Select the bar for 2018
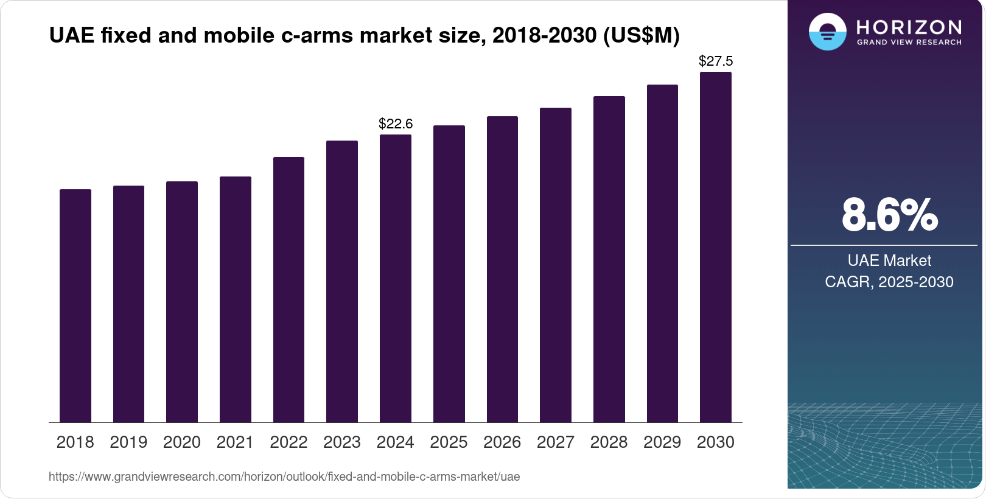pyautogui.click(x=75, y=305)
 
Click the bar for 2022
pyautogui.click(x=288, y=290)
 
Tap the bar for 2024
pyautogui.click(x=396, y=278)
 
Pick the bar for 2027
pyautogui.click(x=556, y=265)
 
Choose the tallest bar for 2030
pyautogui.click(x=716, y=247)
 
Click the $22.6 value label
pyautogui.click(x=396, y=124)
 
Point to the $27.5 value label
pyautogui.click(x=716, y=61)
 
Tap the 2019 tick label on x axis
pyautogui.click(x=128, y=442)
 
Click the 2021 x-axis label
pyautogui.click(x=235, y=442)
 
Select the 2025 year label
pyautogui.click(x=449, y=442)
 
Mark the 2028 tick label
pyautogui.click(x=609, y=442)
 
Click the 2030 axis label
pyautogui.click(x=716, y=442)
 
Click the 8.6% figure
pyautogui.click(x=889, y=215)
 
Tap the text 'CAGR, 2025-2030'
pyautogui.click(x=889, y=282)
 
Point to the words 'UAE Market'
pyautogui.click(x=889, y=260)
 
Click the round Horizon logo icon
pyautogui.click(x=827, y=32)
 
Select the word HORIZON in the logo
pyautogui.click(x=909, y=27)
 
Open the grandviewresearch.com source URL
pyautogui.click(x=284, y=477)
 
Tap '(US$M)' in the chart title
pyautogui.click(x=641, y=35)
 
